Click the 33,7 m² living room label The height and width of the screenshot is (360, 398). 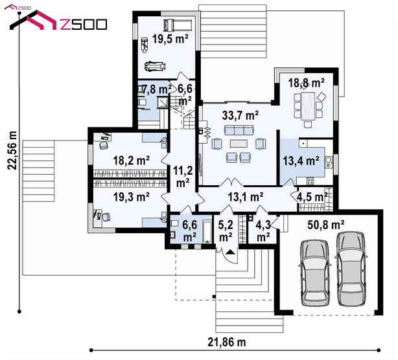(240, 115)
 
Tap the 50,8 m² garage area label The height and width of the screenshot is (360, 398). (325, 225)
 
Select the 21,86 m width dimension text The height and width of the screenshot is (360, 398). (227, 343)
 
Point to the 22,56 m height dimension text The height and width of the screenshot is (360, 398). (12, 150)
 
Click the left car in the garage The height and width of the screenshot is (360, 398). (315, 273)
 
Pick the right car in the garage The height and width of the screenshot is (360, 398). (351, 269)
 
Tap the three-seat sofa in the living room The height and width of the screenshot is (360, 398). (239, 130)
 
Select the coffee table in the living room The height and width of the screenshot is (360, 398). (239, 144)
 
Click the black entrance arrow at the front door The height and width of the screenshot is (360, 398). (231, 252)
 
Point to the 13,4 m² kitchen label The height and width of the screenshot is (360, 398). (301, 161)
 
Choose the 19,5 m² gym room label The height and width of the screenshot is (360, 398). (170, 39)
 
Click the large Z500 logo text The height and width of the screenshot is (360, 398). (83, 25)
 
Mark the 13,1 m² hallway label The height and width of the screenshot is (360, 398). (246, 197)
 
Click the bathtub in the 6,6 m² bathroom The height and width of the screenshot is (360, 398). (207, 231)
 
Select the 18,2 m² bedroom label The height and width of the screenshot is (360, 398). (131, 160)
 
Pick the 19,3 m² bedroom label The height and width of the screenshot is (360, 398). (131, 197)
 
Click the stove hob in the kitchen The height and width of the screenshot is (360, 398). (310, 181)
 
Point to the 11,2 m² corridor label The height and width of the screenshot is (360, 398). (183, 176)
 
